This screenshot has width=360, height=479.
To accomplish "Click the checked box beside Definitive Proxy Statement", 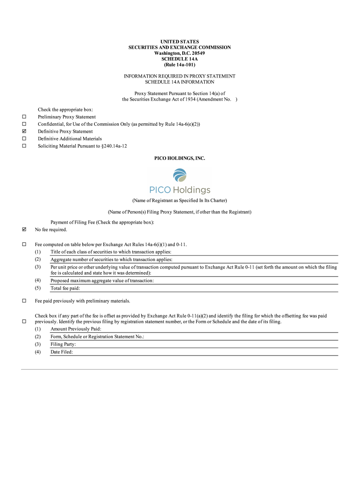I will point(24,131).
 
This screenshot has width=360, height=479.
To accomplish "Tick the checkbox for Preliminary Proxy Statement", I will point(24,116).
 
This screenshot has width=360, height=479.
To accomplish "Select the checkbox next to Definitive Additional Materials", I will point(24,138).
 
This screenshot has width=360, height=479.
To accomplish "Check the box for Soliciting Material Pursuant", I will point(24,146).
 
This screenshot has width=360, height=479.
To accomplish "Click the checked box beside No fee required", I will point(24,230).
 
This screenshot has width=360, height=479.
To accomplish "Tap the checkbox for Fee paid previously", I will point(24,301).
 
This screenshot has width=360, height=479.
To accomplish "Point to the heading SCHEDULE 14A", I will point(180,59).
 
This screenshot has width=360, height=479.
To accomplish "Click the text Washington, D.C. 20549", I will point(180,53).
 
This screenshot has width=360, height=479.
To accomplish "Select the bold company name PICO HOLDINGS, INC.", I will point(180,159).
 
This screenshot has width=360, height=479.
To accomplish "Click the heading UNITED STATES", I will point(180,42).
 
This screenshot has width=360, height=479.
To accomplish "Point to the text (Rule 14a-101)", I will point(180,65).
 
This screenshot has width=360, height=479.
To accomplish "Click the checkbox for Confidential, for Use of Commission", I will point(24,124).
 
